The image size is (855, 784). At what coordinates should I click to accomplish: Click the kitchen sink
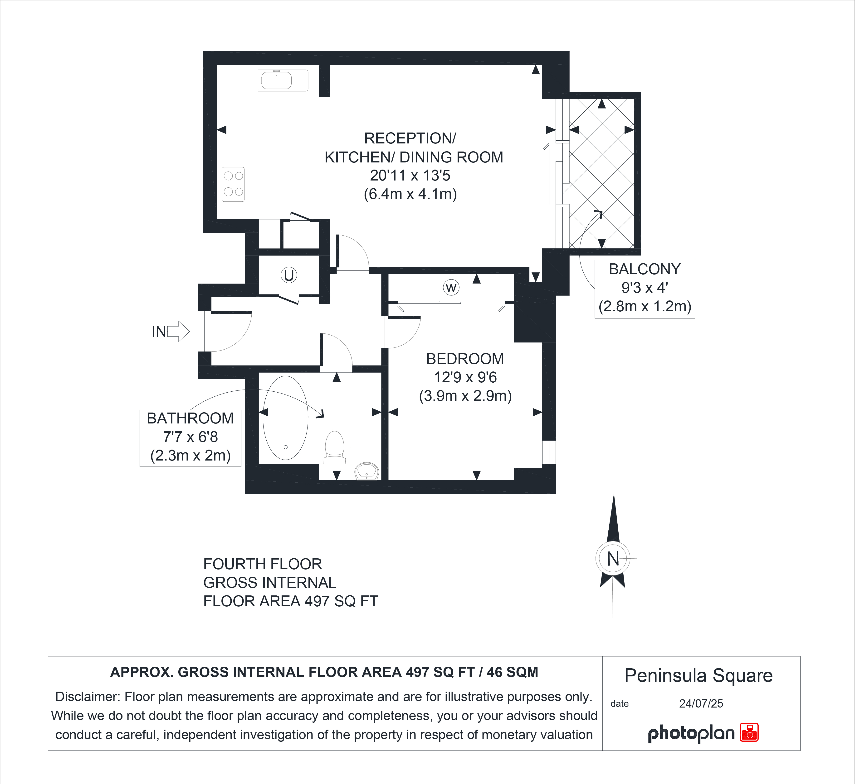283,80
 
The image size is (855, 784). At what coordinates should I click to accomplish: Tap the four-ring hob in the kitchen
233,184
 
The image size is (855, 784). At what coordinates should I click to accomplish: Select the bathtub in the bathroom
285,418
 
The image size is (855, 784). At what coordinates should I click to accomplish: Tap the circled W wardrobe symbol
451,288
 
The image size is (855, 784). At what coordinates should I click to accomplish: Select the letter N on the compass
613,559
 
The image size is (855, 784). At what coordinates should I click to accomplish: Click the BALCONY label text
645,269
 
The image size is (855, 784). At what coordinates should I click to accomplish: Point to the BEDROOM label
465,359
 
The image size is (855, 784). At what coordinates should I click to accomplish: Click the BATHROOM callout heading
190,418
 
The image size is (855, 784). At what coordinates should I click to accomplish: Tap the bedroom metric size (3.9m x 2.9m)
465,396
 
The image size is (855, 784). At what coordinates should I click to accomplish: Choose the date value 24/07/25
701,703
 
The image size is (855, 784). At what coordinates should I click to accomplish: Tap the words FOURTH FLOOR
263,564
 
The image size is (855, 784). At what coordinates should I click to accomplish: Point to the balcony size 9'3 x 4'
645,288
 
